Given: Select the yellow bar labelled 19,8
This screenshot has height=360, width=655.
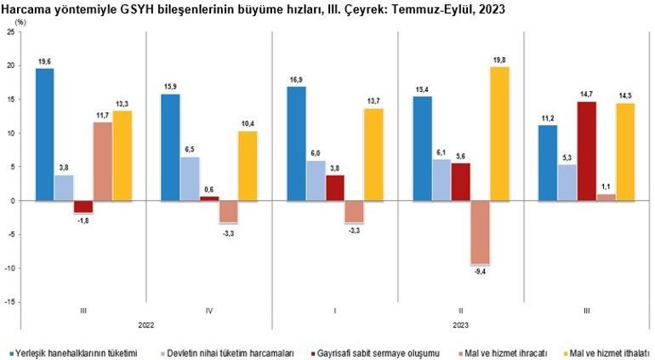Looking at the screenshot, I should coord(498,134).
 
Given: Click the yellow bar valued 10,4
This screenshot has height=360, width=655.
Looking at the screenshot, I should coord(247,166).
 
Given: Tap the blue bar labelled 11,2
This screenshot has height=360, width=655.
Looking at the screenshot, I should coord(549,163).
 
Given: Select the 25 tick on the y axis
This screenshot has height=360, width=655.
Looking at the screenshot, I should coord(10,31).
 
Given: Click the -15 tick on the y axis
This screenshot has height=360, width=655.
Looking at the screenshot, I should coord(9,302).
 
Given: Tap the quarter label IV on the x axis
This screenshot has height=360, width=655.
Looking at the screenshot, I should coord(209,311).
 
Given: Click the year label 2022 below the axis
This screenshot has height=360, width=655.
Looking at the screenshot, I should coord(145,324).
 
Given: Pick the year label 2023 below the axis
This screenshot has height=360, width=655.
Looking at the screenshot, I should coord(461,324).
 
